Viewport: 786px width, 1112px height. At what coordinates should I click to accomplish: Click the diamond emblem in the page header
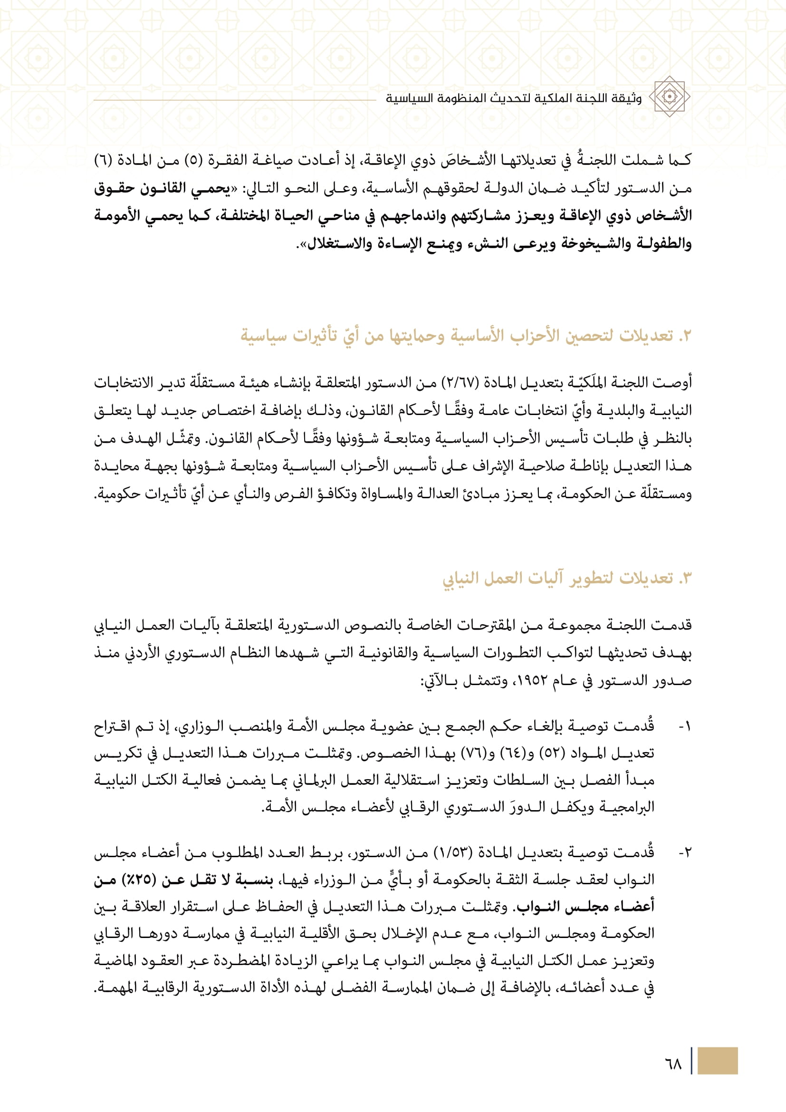(x=670, y=97)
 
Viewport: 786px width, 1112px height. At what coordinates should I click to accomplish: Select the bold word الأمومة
(x=115, y=215)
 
